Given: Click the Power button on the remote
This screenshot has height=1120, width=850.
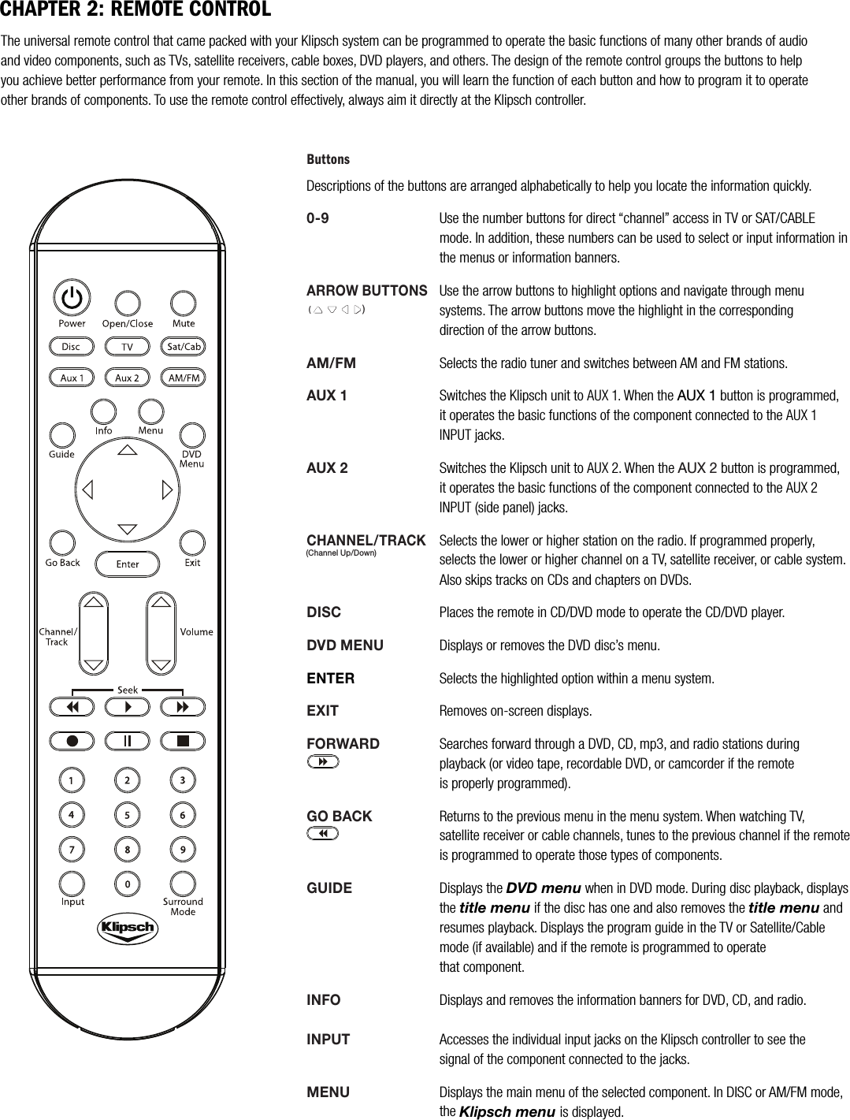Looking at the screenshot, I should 71,298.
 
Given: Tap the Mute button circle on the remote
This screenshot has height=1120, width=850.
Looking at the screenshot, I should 183,303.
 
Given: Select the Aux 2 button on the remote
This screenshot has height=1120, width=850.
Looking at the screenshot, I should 127,378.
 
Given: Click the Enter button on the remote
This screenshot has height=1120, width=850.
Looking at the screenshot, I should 127,564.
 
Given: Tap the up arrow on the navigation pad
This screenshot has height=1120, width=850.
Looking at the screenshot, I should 127,450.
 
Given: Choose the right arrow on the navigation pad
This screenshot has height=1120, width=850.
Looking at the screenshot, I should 166,489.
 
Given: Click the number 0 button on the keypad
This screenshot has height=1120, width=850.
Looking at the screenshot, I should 127,884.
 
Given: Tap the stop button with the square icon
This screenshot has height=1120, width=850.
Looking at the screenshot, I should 183,741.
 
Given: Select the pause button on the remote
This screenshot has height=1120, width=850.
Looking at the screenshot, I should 127,741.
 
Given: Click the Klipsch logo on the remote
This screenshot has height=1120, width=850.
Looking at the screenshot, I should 127,928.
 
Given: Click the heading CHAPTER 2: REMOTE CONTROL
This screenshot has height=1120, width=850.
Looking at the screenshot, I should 135,10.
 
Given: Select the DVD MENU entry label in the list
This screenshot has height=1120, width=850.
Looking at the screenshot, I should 344,646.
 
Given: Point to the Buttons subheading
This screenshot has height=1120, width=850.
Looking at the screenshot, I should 327,159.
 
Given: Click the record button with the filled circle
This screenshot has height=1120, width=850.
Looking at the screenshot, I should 71,741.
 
